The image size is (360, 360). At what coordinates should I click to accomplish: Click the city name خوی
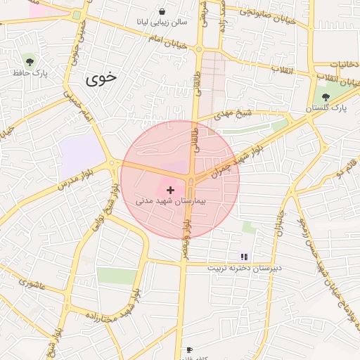tap(101, 78)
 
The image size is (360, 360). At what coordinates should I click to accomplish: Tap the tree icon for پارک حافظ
tap(28, 62)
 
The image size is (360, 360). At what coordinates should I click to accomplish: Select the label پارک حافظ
tap(30, 73)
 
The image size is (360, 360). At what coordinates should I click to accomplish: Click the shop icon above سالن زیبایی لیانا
tap(162, 12)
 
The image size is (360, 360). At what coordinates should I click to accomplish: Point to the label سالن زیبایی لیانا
tap(163, 22)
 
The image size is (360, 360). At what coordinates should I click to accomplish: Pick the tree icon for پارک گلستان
tap(324, 97)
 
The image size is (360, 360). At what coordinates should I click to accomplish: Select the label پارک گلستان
tap(326, 109)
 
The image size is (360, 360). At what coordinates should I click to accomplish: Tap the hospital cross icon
tap(170, 190)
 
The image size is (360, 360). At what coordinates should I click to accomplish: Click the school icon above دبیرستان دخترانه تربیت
tap(244, 257)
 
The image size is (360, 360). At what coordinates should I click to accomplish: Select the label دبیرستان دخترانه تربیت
tap(245, 268)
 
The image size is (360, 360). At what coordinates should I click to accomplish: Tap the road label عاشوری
tap(32, 285)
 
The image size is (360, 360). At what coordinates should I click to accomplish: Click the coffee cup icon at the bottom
tap(188, 349)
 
